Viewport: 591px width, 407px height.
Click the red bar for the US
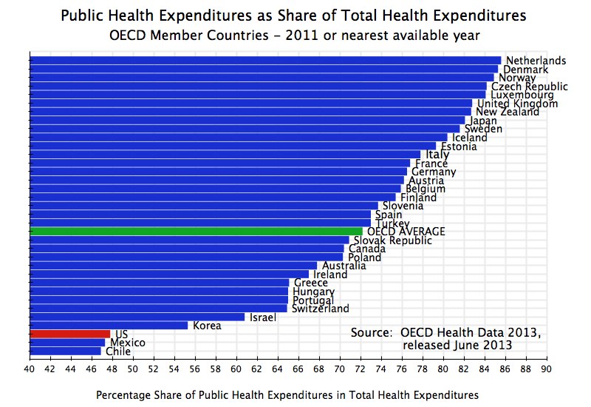click(x=70, y=334)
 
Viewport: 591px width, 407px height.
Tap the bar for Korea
click(x=109, y=325)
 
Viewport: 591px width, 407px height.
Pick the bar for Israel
click(x=137, y=317)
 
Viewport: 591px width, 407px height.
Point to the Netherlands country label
click(x=536, y=61)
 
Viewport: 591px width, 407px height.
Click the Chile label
click(x=118, y=351)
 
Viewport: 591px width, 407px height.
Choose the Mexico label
click(x=127, y=343)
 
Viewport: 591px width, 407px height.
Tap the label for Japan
click(x=482, y=121)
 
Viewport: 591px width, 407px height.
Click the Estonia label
click(x=458, y=147)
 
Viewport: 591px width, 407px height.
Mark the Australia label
click(x=344, y=266)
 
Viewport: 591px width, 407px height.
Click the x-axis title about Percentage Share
click(x=287, y=395)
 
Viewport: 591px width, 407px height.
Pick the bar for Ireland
click(x=169, y=274)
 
